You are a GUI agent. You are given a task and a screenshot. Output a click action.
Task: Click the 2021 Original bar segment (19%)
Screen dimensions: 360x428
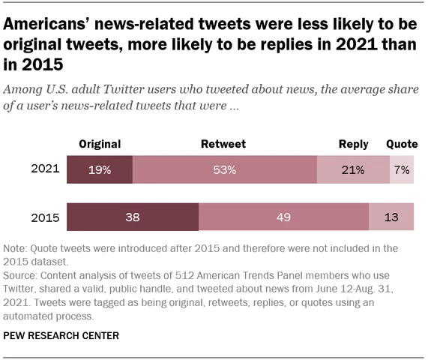100,170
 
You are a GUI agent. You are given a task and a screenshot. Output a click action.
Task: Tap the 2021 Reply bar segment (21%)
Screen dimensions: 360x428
353,170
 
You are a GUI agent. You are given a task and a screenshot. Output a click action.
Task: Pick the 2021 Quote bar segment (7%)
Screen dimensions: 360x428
401,170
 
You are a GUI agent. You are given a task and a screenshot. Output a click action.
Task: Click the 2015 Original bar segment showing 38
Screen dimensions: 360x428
133,217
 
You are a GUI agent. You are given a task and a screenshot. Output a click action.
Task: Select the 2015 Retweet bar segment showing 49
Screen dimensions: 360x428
283,217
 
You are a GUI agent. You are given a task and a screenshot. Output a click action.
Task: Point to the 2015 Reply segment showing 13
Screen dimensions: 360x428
391,217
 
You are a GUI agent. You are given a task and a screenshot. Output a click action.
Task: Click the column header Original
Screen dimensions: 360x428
100,144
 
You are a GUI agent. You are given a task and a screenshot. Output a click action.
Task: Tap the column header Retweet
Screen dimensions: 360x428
223,144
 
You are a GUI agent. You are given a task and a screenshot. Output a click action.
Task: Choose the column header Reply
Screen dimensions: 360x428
353,144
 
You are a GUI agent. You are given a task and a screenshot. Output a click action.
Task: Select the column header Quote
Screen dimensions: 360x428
401,144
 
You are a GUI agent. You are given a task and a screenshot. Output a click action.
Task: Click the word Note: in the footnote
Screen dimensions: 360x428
16,247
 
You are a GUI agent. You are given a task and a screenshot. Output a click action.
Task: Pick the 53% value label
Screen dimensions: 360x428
224,170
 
